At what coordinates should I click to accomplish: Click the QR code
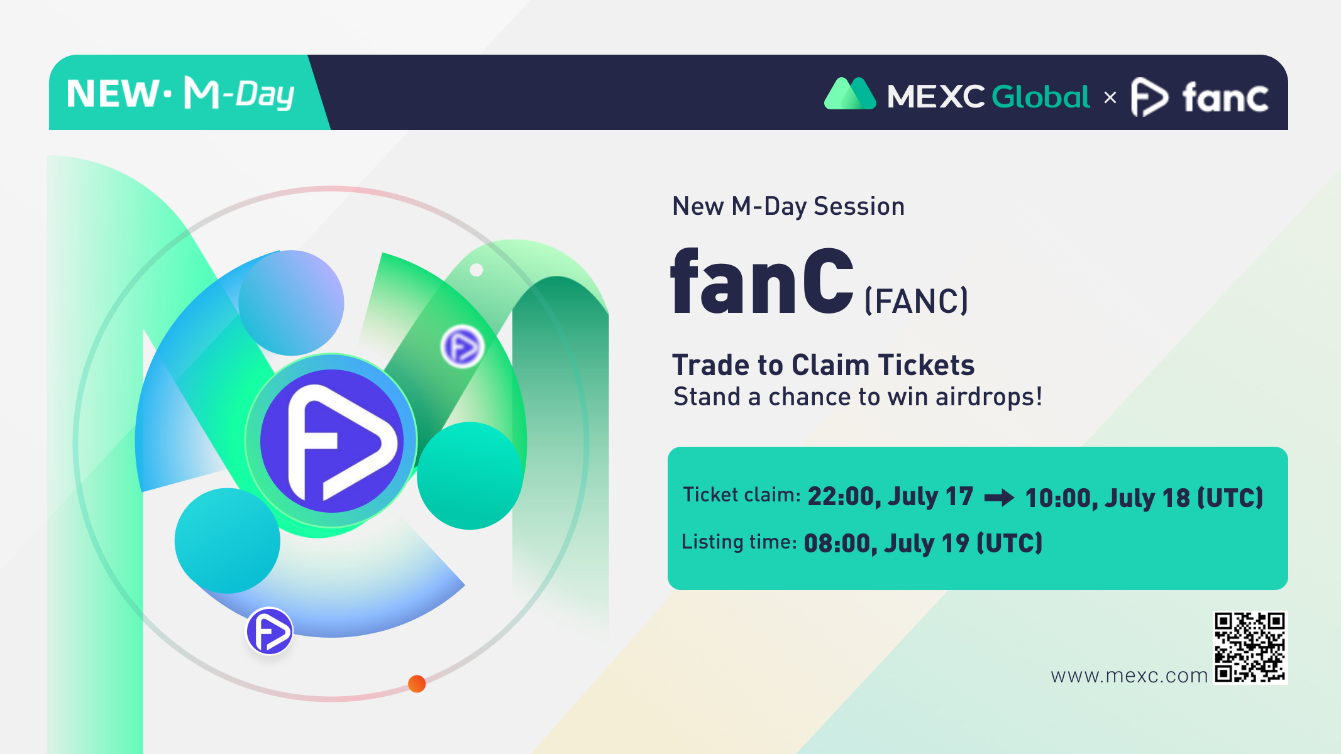tap(1250, 647)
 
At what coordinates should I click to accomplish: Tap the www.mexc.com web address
tap(1129, 675)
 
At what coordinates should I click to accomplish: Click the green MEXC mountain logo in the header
tap(850, 94)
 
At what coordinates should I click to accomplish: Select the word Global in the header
tap(1040, 97)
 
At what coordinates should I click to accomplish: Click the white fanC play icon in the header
tap(1149, 97)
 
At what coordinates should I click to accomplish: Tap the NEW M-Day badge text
tap(180, 94)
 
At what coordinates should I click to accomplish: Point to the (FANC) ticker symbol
tap(917, 301)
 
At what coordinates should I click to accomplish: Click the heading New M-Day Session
tap(788, 206)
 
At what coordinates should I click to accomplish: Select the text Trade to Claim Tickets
tap(824, 365)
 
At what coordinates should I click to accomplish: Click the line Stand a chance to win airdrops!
tap(858, 397)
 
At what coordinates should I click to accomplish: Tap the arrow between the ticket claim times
tap(1000, 498)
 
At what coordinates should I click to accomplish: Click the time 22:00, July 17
tap(890, 496)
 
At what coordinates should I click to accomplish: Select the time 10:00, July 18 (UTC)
tap(1144, 498)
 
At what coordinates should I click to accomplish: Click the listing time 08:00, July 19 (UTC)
tap(923, 543)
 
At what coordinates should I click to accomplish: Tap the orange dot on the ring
tap(417, 684)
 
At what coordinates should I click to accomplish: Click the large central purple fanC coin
tap(331, 440)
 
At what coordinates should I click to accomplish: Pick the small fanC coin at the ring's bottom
tap(269, 631)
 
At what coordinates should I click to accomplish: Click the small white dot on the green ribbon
tap(477, 270)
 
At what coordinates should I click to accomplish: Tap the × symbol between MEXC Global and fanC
tap(1110, 97)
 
